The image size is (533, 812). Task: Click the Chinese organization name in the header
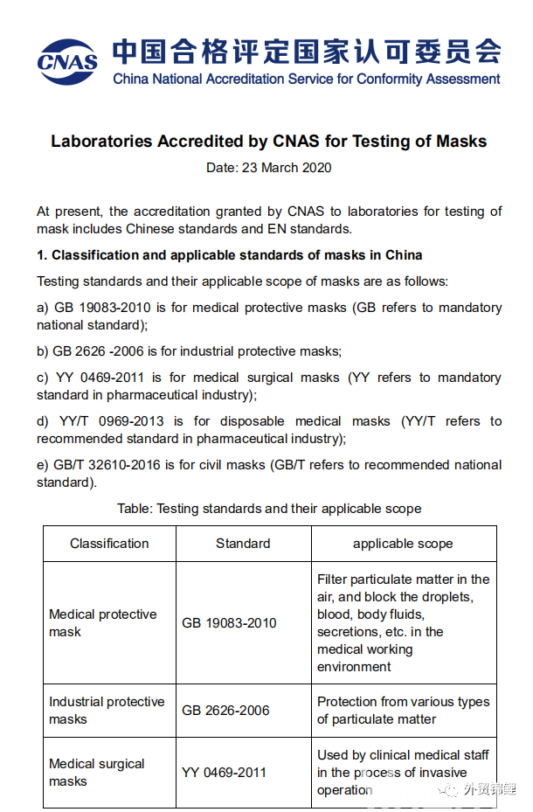pos(306,51)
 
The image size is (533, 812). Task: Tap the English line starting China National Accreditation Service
pos(306,79)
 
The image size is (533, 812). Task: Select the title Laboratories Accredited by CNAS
pos(269,141)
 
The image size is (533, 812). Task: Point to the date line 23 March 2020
pos(269,167)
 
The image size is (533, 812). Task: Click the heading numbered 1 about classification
pos(230,255)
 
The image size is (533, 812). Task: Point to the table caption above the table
pos(269,509)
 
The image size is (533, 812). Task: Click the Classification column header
pos(109,544)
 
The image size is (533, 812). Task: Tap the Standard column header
pos(243,544)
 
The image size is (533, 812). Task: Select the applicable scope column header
pos(403,544)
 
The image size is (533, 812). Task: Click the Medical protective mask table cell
pos(103,622)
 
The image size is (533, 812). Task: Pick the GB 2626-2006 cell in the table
pos(229,711)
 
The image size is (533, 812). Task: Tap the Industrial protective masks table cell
pos(107,711)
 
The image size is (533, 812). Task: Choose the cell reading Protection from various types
pos(403,711)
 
